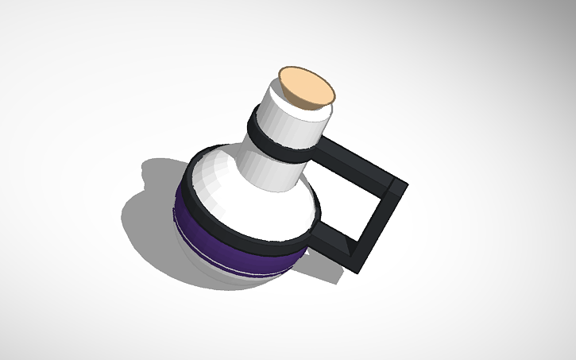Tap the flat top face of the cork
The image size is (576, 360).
tap(305, 85)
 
